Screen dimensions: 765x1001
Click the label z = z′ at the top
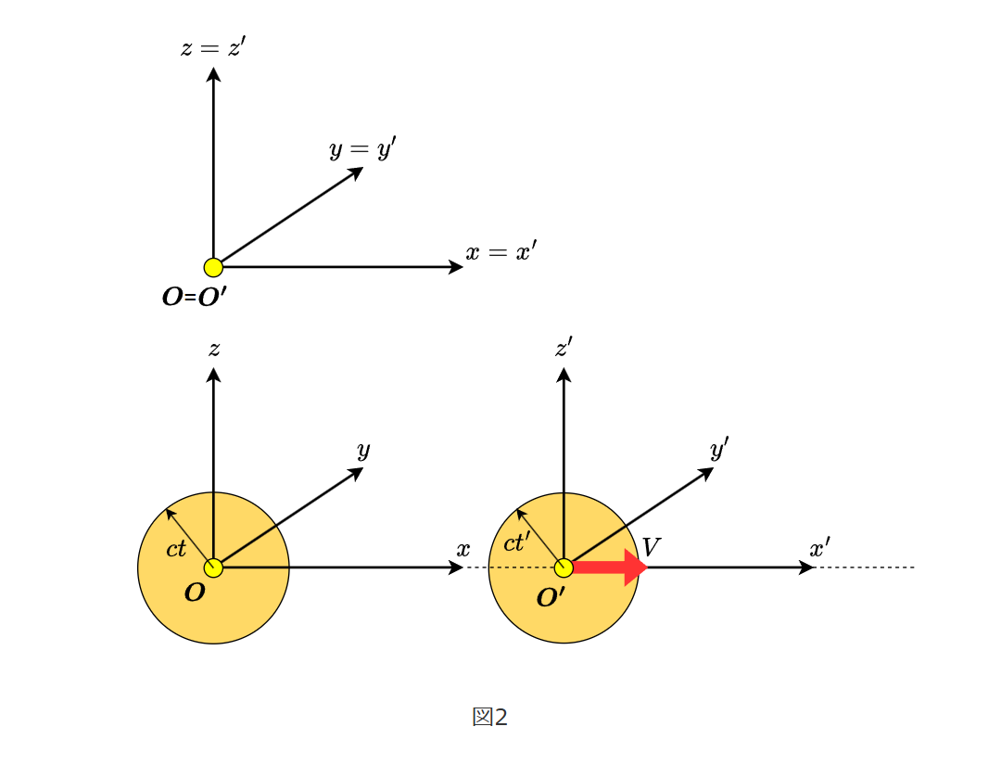[213, 47]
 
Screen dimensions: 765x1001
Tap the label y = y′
[362, 148]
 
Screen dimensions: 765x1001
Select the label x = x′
[500, 252]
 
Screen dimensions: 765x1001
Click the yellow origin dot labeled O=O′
[213, 268]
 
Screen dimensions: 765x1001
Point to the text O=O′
[194, 298]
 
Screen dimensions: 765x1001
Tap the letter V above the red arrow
[651, 547]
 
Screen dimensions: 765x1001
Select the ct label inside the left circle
[176, 549]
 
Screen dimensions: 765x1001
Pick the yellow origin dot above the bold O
[213, 567]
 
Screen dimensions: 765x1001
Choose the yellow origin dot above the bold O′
[564, 567]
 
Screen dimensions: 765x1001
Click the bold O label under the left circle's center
[195, 593]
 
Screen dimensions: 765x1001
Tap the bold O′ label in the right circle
[551, 598]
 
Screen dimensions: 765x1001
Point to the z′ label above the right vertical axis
[564, 348]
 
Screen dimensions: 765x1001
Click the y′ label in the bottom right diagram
[719, 450]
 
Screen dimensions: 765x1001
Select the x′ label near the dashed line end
[819, 548]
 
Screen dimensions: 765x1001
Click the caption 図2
[490, 717]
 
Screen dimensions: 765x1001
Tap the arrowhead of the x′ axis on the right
[807, 567]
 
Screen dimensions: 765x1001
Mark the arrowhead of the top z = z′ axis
[213, 73]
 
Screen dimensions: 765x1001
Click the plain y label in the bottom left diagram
[363, 451]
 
